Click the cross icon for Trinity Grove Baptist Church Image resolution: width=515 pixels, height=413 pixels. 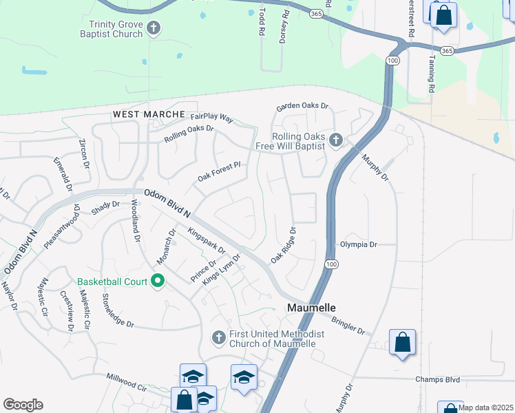coord(154,28)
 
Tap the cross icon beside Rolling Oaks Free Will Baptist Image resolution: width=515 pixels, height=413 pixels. coord(336,140)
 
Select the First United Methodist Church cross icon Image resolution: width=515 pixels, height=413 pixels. coord(218,337)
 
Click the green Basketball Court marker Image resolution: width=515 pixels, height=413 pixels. coord(158,281)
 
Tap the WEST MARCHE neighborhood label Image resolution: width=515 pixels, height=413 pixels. coord(149,114)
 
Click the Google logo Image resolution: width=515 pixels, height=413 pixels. coord(23,405)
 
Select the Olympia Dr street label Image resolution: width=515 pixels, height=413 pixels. coord(359,244)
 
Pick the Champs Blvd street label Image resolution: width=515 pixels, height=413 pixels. coord(437,379)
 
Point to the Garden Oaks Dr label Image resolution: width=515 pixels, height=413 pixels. coord(303,107)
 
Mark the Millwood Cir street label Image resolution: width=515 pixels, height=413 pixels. coord(127,382)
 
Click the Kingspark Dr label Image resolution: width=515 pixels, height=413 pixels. coord(206,242)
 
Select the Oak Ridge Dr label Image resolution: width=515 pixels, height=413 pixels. coord(283,245)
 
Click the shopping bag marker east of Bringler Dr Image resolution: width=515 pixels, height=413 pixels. coord(402,341)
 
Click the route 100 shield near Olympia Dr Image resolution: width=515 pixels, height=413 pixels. coord(332,264)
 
